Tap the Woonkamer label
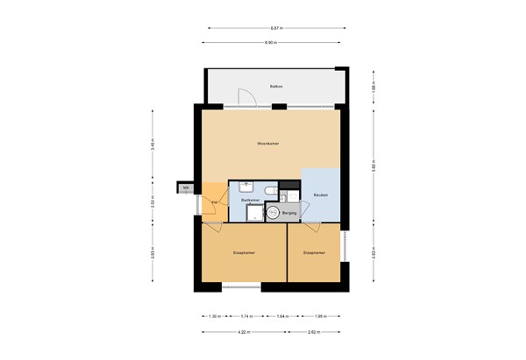click(x=267, y=143)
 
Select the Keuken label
click(x=321, y=194)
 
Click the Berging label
click(x=288, y=213)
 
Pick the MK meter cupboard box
click(x=186, y=188)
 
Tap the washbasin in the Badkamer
click(x=246, y=186)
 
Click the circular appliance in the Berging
click(x=273, y=212)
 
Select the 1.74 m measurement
click(x=246, y=316)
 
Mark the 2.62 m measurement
click(x=312, y=333)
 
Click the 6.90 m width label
click(x=272, y=42)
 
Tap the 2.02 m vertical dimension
click(x=153, y=202)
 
